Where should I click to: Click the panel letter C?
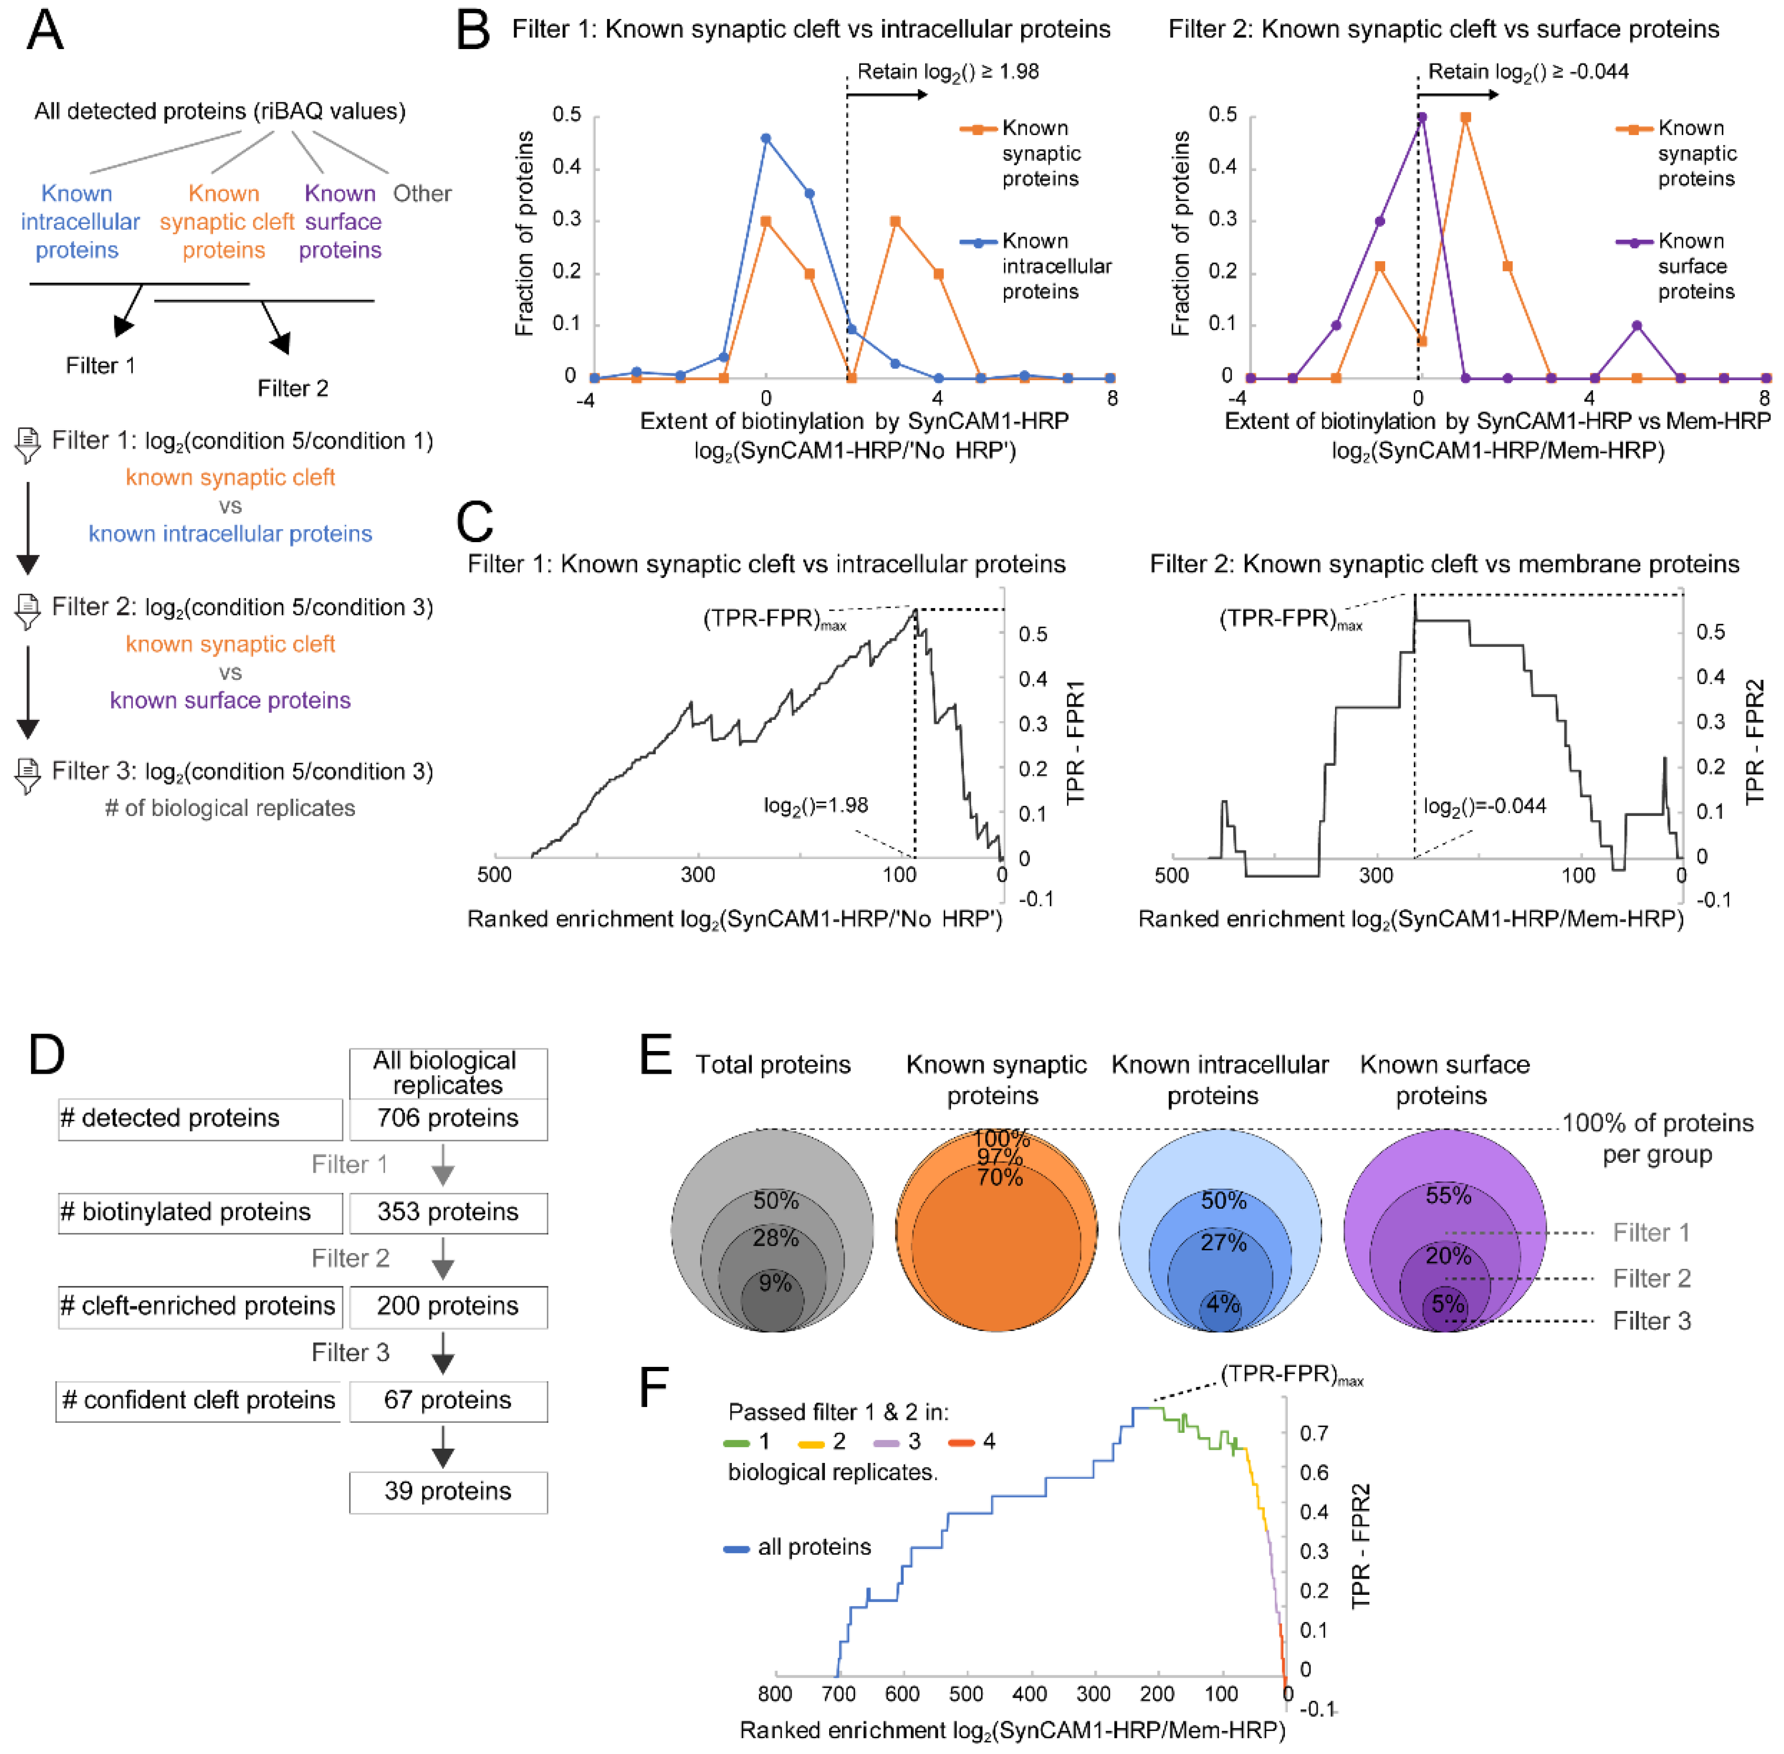(x=475, y=522)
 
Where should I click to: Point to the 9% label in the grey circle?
(x=775, y=1283)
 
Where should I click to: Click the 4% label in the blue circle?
(x=1223, y=1304)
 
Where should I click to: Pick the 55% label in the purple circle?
(x=1447, y=1196)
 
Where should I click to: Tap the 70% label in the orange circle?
(x=1000, y=1177)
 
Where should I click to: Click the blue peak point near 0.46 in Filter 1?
(x=766, y=138)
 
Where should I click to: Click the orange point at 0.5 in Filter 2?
(x=1465, y=118)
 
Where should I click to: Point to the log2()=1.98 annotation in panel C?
(x=816, y=805)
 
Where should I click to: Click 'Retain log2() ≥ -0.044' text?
(x=1528, y=72)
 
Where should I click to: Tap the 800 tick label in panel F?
(x=775, y=1694)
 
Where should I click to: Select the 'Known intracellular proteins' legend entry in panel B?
(x=1055, y=266)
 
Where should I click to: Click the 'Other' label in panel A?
(x=422, y=194)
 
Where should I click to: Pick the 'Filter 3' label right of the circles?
(x=1651, y=1321)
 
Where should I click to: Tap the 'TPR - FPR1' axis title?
(x=1076, y=743)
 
